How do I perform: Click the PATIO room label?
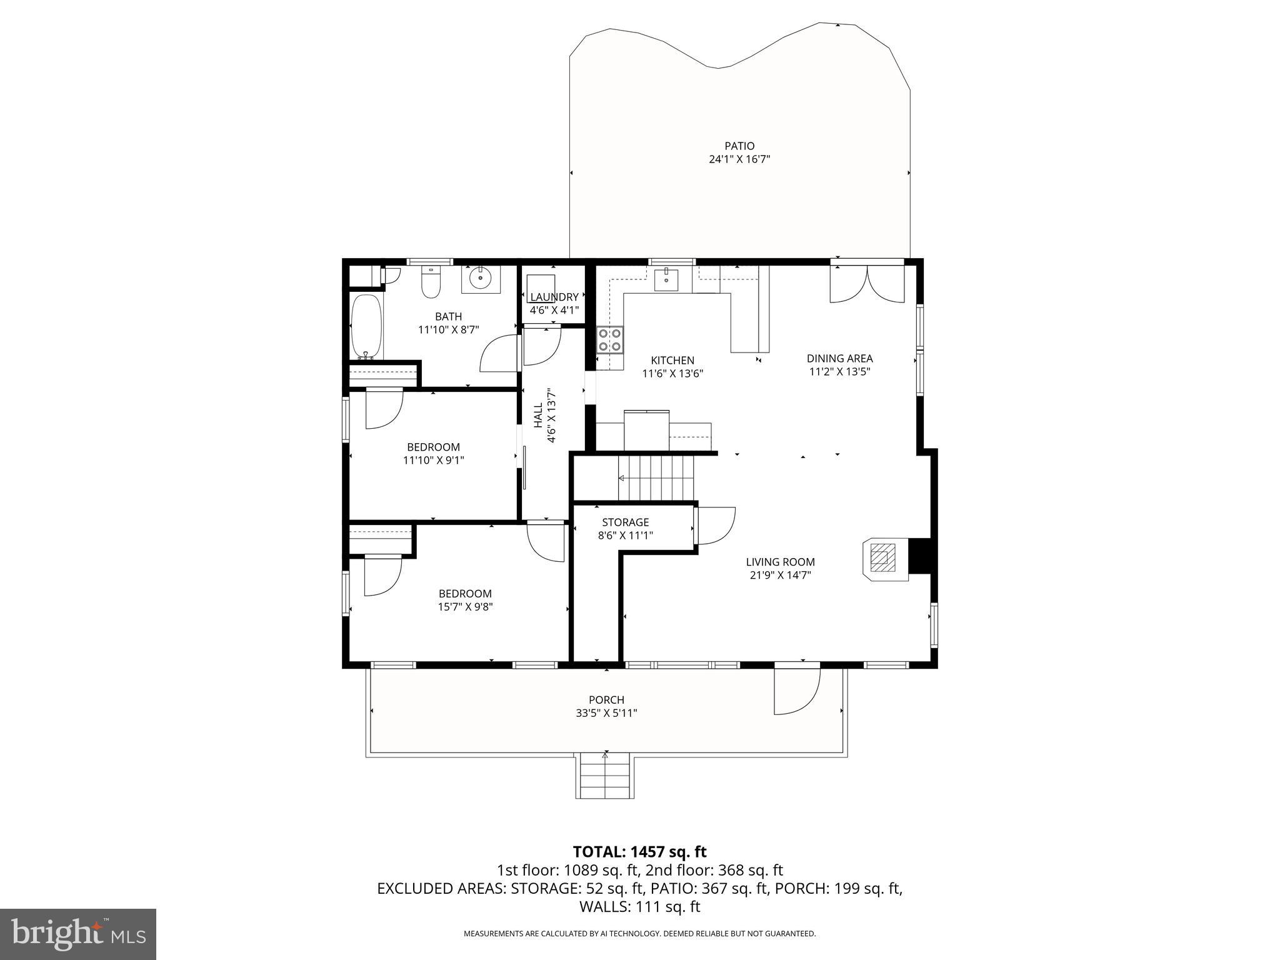coord(739,146)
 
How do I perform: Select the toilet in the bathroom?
coord(431,283)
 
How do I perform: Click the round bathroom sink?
coord(480,279)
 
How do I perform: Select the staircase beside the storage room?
coord(656,477)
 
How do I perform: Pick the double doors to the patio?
coord(866,284)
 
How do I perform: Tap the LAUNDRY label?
coord(554,297)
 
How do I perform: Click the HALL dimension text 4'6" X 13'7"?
coord(551,416)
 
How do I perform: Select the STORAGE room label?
coord(625,522)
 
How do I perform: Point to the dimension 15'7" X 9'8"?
coord(465,606)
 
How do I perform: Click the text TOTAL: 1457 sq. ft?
coord(639,851)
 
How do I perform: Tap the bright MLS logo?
coord(77,934)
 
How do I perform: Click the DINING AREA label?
coord(839,358)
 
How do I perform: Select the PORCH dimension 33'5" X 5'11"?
coord(606,712)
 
